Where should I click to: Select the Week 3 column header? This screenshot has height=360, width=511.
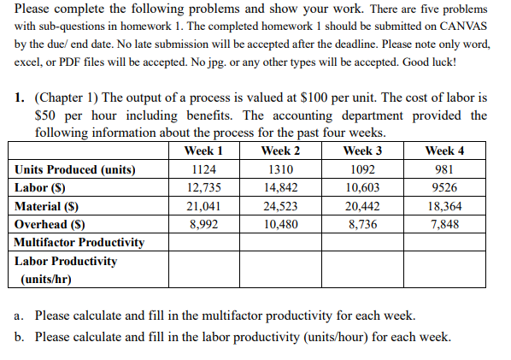(x=361, y=150)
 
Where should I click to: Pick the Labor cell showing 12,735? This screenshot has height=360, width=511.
(x=203, y=187)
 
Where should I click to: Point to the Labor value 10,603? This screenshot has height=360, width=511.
(x=361, y=187)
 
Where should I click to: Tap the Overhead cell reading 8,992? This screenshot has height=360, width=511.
(x=203, y=224)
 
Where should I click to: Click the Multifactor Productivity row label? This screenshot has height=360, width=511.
(x=79, y=242)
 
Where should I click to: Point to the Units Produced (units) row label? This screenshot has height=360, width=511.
(x=75, y=169)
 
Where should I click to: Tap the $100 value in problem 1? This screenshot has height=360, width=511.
(x=320, y=97)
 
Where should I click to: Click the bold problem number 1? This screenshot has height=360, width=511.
(x=19, y=97)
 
